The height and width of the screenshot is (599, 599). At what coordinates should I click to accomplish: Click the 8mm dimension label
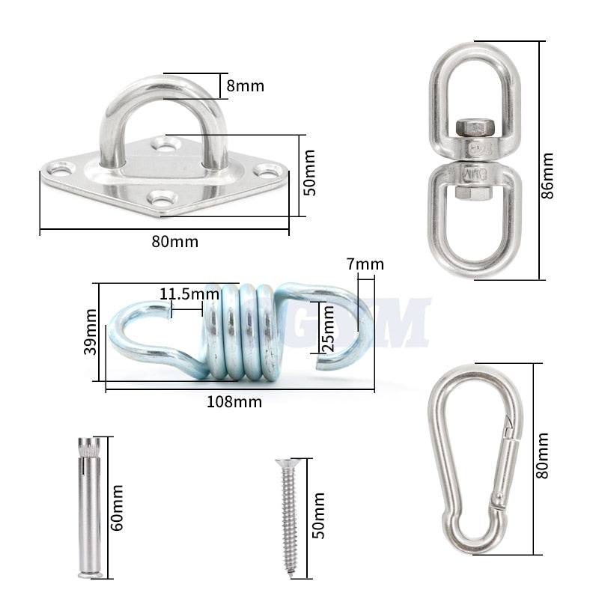coord(246,85)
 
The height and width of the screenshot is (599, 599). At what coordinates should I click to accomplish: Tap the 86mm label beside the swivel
coord(548,175)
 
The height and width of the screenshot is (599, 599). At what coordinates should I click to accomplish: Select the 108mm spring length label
coord(234,401)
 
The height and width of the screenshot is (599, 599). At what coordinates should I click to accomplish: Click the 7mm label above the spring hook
coord(365,264)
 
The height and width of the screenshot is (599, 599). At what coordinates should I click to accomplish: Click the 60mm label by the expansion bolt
coord(117,508)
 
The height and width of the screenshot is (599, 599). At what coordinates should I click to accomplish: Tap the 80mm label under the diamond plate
coord(176,241)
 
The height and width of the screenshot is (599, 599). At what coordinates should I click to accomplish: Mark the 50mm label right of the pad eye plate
coord(311,172)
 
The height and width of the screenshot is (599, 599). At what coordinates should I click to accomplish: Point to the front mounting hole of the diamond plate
coord(162,198)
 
